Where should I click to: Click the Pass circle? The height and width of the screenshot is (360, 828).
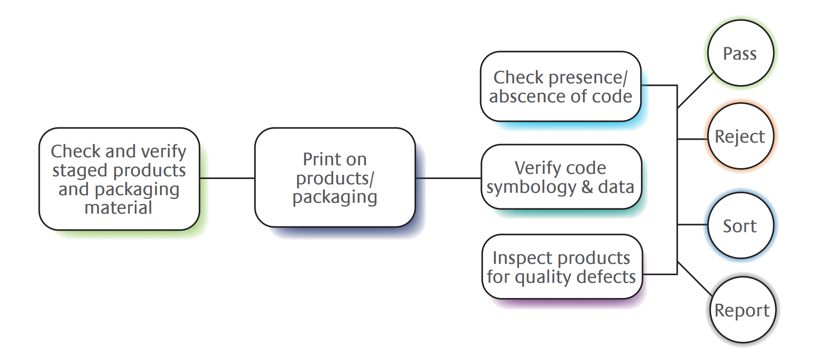coord(740,53)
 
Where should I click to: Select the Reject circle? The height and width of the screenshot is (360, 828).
coord(740,136)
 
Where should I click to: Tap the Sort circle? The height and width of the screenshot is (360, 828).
coord(740,226)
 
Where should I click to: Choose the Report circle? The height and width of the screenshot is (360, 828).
coord(742,310)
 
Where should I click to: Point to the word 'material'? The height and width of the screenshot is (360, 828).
coord(118,207)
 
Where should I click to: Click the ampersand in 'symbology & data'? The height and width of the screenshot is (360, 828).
coord(587,187)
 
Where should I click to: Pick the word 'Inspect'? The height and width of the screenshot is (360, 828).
coord(522,258)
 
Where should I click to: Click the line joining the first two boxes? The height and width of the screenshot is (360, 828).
coord(227,178)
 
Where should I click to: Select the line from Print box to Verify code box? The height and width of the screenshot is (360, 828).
coord(448,178)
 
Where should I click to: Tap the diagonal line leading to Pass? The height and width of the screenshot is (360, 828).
coord(695,91)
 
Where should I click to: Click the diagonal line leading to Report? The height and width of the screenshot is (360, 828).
coord(694,278)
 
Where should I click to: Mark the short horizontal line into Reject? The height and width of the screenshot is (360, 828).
coord(693,139)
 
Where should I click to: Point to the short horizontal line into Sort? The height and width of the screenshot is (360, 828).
coord(693,225)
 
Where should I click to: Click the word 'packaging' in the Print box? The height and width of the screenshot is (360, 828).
coord(335,197)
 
